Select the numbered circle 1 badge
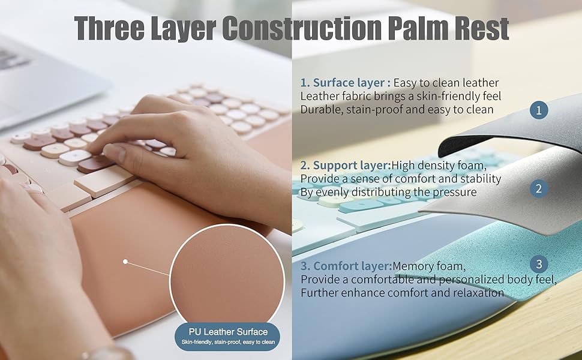(539, 110)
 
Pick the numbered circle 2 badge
(539, 189)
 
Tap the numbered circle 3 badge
(539, 264)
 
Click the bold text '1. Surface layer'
(345, 83)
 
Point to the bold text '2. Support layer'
(345, 165)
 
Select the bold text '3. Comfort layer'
(346, 266)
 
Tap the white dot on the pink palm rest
(125, 262)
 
